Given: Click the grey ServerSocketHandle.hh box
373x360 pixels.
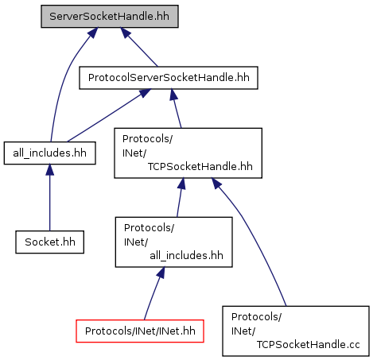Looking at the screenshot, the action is coord(110,16).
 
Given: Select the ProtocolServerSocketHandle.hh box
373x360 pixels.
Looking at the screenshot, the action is coord(169,78).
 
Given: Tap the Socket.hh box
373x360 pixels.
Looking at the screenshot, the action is coord(50,242).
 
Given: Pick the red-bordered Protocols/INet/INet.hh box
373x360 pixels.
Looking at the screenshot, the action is coord(140,331).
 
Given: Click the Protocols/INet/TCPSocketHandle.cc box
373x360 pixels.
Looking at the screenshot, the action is coord(296,331).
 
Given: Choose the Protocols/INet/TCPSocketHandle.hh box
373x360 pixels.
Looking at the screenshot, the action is coord(188,153).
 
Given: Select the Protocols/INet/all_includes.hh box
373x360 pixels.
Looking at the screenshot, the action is coord(173,242).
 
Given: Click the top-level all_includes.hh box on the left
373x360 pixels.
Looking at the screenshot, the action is coord(49,153).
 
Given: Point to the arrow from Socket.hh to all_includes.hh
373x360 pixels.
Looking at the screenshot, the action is coord(49,197).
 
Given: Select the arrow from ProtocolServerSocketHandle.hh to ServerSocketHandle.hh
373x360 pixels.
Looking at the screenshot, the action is coord(139,47).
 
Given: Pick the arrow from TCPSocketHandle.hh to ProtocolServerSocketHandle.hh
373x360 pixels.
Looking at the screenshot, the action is coord(177,109).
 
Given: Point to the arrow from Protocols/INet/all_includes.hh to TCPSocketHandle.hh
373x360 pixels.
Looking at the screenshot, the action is coord(180,197).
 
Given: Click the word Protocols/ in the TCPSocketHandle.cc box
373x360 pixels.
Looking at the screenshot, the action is coord(256,317).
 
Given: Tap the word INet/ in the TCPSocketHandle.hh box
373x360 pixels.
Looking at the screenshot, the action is coord(134,153).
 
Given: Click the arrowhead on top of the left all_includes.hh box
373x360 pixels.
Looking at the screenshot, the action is coord(49,170).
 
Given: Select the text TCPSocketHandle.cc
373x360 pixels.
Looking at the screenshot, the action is coord(308,345).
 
